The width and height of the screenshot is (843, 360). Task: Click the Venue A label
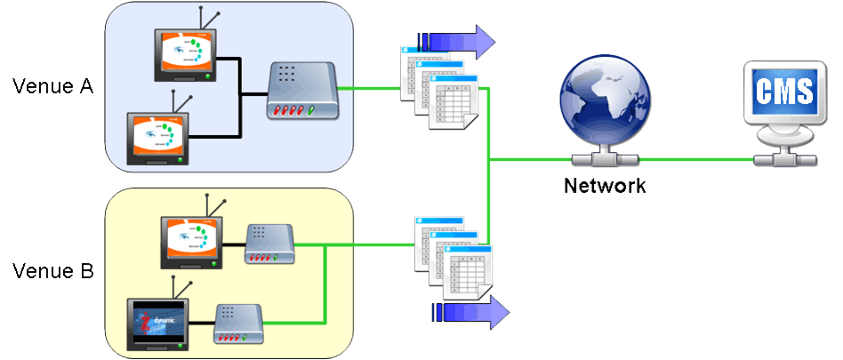[52, 86]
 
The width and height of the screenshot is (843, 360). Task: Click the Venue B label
[52, 271]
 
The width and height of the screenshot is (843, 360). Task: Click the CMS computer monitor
[783, 98]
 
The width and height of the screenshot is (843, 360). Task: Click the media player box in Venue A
[303, 92]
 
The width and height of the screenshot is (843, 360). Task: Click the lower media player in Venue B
[237, 324]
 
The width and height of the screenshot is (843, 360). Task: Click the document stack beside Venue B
[452, 258]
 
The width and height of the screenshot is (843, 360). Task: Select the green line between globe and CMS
[698, 160]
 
